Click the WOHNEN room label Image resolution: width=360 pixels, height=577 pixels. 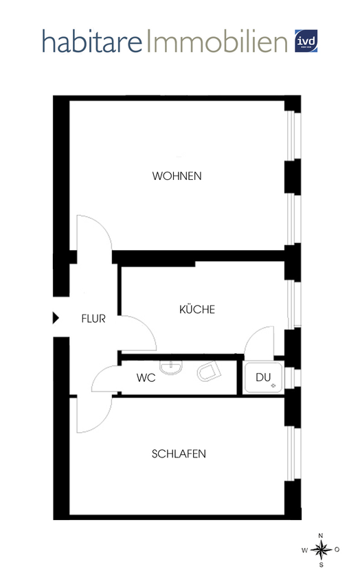[177, 176]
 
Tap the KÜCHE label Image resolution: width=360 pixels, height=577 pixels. [197, 310]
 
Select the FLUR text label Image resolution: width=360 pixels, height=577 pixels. [93, 319]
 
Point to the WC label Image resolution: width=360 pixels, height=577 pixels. [146, 378]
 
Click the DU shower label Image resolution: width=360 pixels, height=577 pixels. [264, 377]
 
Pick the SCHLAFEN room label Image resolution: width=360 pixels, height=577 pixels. [179, 454]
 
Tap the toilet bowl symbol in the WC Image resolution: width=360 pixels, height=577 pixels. [207, 374]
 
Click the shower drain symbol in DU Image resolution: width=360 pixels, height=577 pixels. [273, 386]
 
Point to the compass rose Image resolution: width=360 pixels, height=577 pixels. [320, 549]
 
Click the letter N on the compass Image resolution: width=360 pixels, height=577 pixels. [320, 535]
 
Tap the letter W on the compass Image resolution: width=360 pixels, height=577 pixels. [305, 550]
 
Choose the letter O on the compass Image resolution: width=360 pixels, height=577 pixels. [336, 550]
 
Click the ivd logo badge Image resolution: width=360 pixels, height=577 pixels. [306, 41]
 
